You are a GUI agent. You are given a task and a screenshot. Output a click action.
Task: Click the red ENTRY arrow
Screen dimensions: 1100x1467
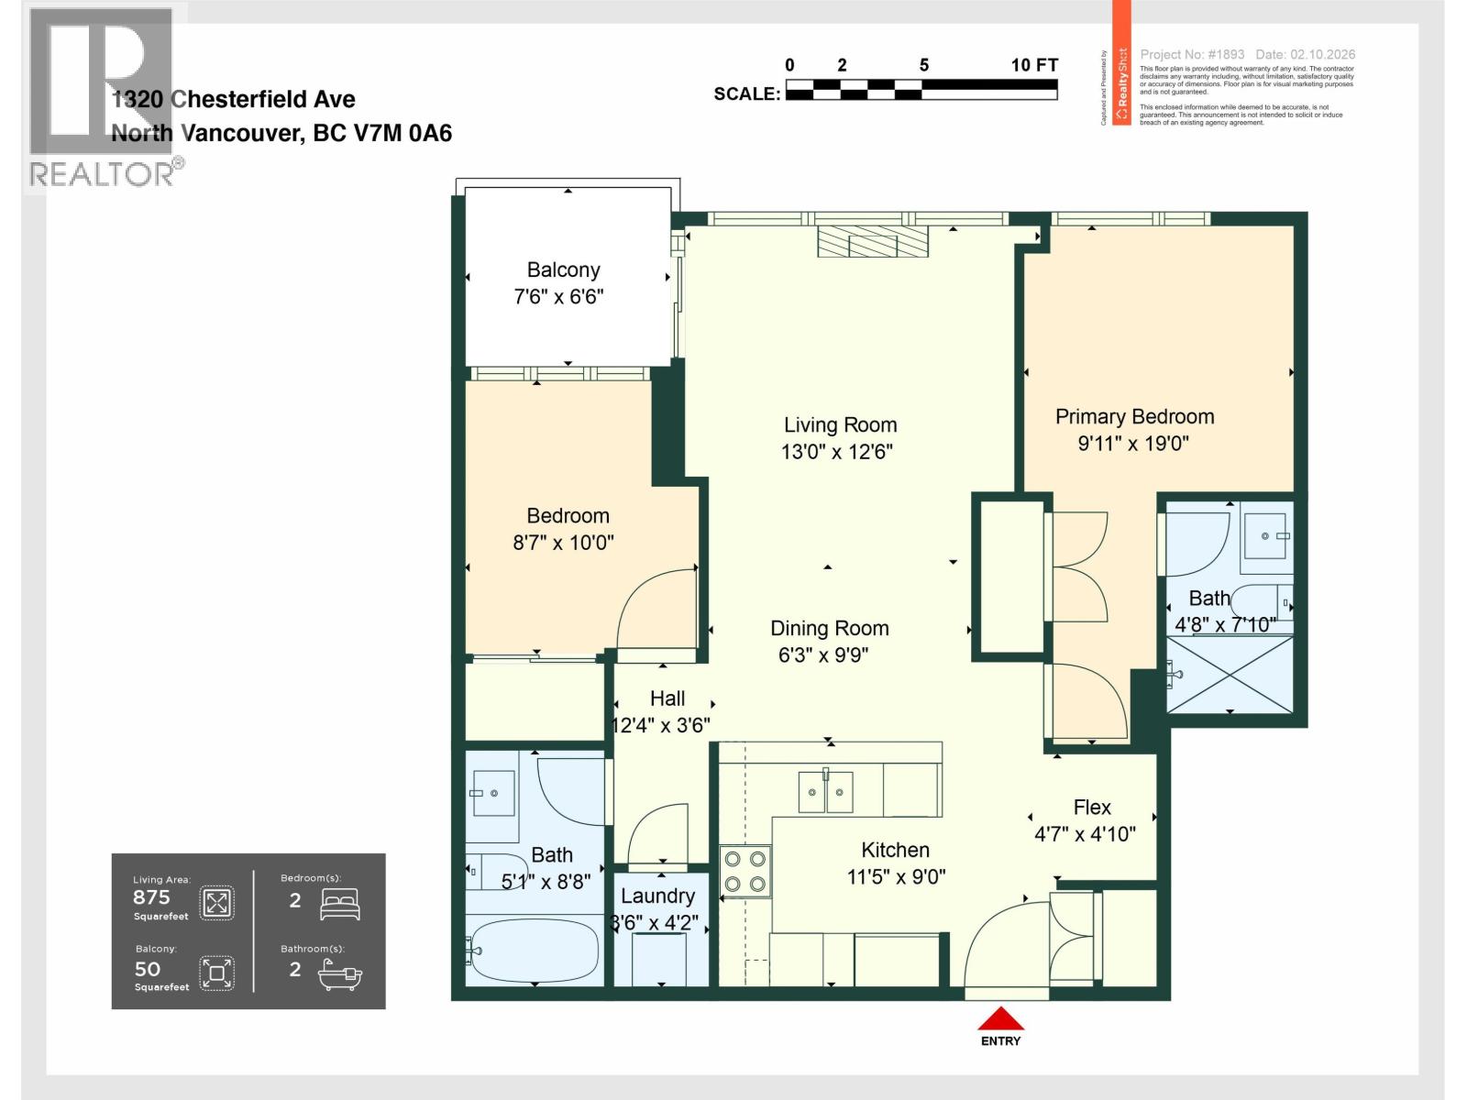(1000, 1019)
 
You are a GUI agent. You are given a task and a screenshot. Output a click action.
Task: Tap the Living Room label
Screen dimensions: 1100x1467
(840, 424)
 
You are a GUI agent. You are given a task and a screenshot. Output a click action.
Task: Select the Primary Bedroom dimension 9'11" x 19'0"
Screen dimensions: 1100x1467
(1133, 444)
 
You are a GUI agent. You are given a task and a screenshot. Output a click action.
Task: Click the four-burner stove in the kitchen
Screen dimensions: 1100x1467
(745, 872)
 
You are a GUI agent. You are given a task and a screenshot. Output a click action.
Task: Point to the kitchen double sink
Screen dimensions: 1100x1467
(826, 792)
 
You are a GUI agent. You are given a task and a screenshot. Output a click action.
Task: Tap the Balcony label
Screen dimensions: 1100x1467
(563, 269)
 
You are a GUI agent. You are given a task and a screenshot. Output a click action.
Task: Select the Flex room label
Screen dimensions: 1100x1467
(1092, 807)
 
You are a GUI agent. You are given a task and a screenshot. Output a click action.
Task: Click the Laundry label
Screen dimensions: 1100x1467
(657, 896)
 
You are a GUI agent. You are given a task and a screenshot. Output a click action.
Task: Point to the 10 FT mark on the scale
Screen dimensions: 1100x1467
(1034, 65)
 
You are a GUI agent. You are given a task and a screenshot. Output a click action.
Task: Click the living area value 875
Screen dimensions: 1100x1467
(151, 897)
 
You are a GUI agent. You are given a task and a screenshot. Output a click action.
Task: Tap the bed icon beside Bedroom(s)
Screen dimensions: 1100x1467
(340, 903)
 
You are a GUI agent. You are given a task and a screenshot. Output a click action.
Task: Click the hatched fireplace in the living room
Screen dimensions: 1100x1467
(872, 243)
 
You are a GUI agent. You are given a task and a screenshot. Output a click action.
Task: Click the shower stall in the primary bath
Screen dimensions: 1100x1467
(1229, 674)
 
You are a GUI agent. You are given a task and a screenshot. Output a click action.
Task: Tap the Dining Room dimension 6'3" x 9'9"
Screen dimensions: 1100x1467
(822, 654)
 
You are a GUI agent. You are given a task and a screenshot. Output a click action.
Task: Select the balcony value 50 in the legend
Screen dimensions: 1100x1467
(147, 969)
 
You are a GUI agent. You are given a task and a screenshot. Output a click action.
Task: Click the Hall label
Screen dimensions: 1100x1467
(667, 698)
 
